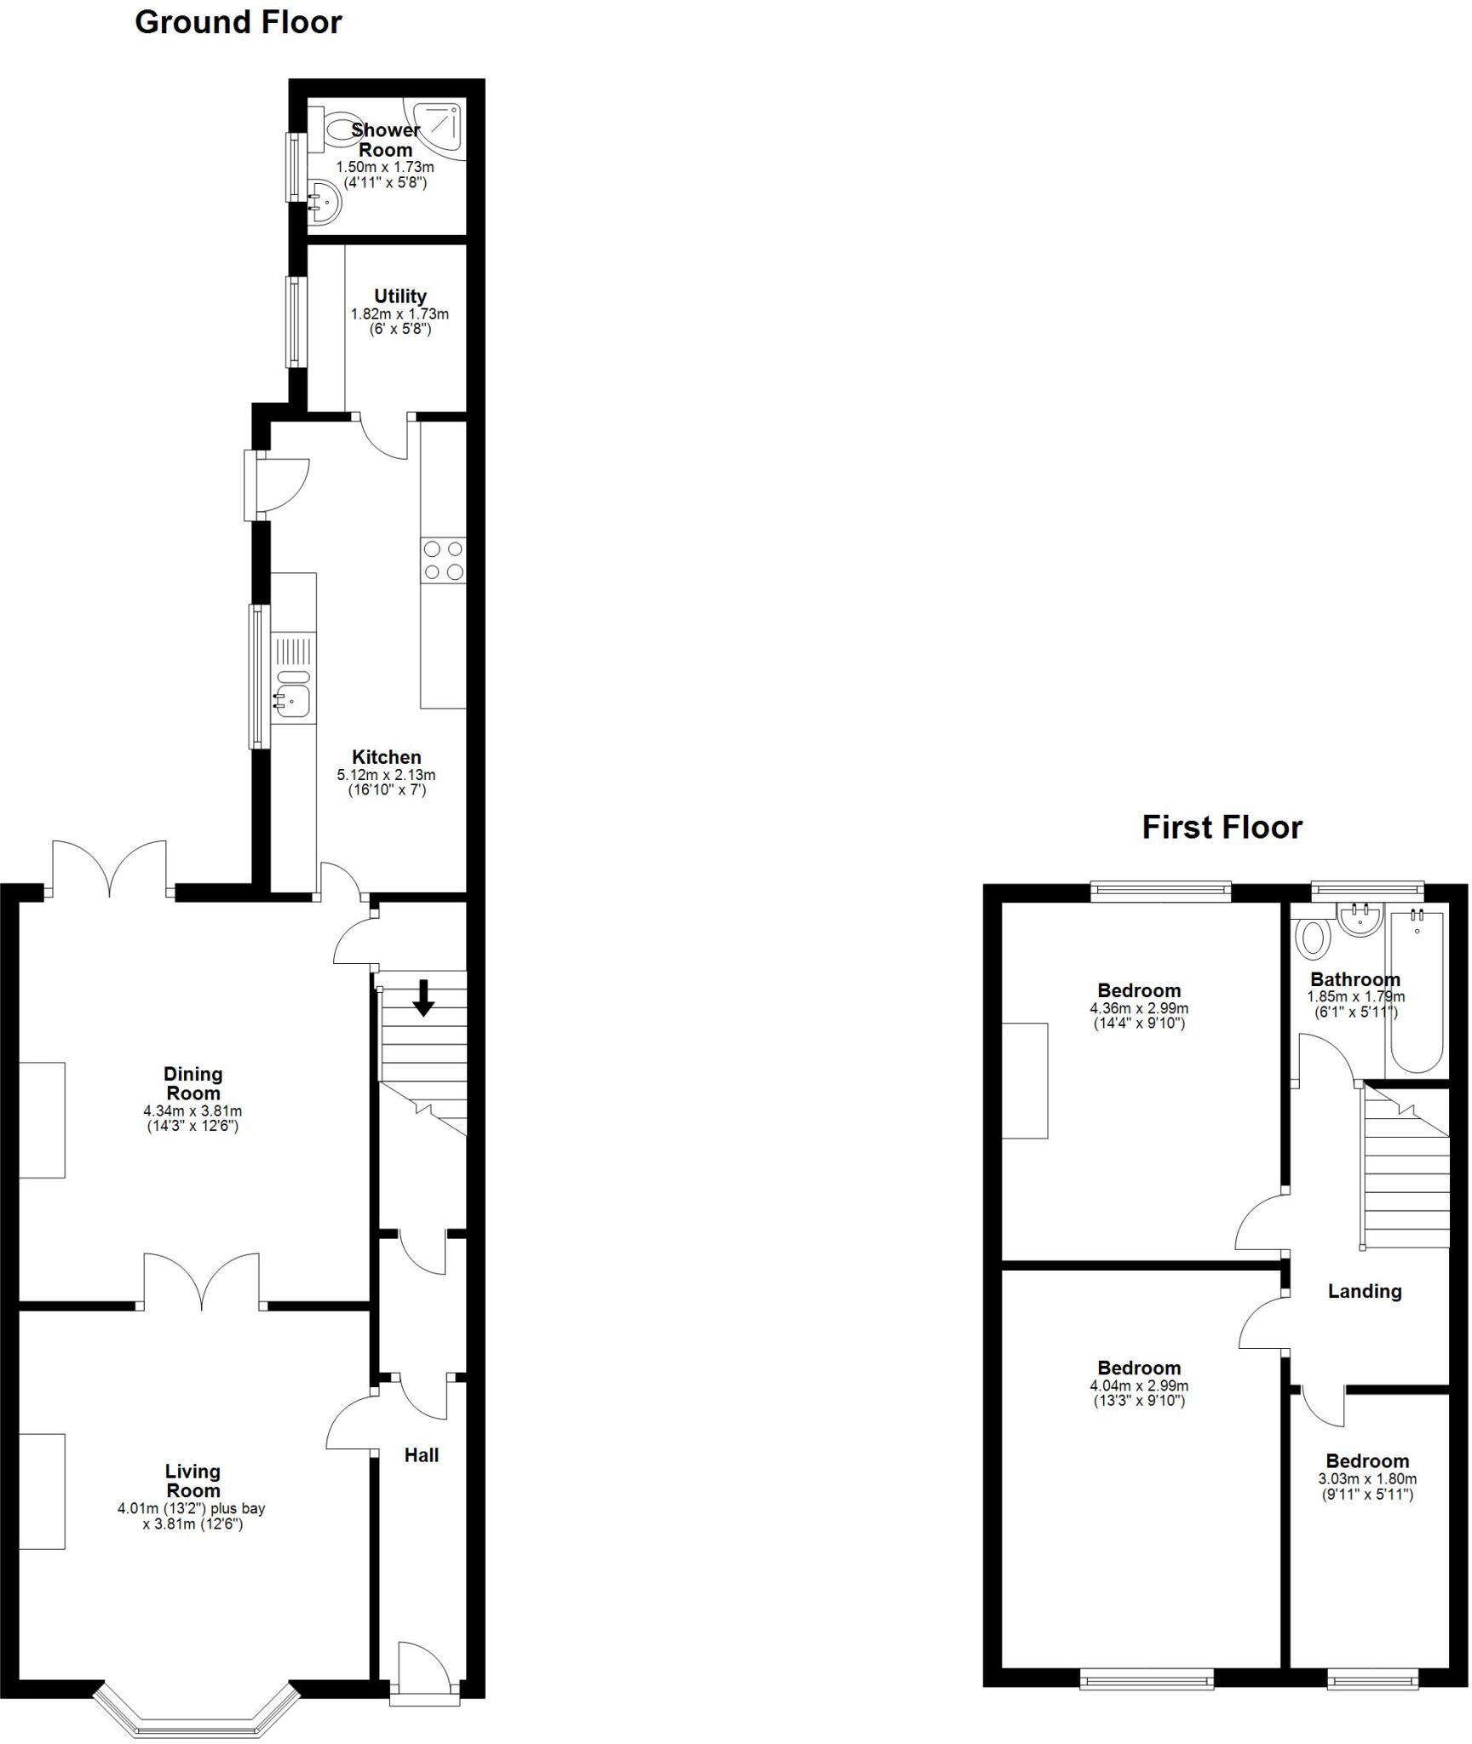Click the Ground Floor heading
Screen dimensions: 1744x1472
pyautogui.click(x=239, y=22)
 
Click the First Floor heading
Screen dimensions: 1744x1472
pyautogui.click(x=1222, y=828)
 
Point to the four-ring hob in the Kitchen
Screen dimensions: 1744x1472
pyautogui.click(x=443, y=560)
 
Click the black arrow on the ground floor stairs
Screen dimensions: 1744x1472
pyautogui.click(x=423, y=998)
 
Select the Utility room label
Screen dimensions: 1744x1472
pyautogui.click(x=400, y=296)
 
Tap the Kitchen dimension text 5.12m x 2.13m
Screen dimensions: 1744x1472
pyautogui.click(x=386, y=775)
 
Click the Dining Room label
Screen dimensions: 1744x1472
pyautogui.click(x=193, y=1083)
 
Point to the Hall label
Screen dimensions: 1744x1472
pyautogui.click(x=422, y=1455)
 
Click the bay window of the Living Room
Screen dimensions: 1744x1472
pyautogui.click(x=196, y=1712)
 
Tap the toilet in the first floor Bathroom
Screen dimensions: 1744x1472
pyautogui.click(x=1313, y=939)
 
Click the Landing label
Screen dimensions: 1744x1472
pyautogui.click(x=1365, y=1292)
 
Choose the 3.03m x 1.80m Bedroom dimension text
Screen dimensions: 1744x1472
pyautogui.click(x=1367, y=1479)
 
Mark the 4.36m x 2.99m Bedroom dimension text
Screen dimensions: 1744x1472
pyautogui.click(x=1139, y=1008)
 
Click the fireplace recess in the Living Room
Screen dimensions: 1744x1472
pyautogui.click(x=42, y=1491)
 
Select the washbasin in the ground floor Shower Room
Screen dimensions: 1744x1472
pyautogui.click(x=325, y=201)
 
